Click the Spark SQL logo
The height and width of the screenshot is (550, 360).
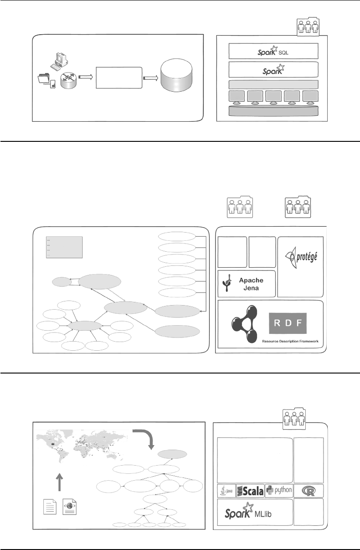(x=273, y=51)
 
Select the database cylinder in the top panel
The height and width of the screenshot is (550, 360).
(x=176, y=75)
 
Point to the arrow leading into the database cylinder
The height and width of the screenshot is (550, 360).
(x=150, y=78)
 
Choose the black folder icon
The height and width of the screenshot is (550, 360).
(x=44, y=78)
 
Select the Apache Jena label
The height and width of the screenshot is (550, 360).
(x=251, y=284)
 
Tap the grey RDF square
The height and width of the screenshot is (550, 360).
(x=288, y=323)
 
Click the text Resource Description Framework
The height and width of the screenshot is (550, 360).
(x=290, y=341)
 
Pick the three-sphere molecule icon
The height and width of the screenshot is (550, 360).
(x=244, y=324)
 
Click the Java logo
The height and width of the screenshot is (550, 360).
(x=226, y=491)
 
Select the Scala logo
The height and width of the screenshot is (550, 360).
(x=250, y=491)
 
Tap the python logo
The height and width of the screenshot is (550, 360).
(x=279, y=490)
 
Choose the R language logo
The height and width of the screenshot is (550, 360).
(x=309, y=491)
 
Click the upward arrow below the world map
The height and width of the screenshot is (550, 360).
(x=59, y=482)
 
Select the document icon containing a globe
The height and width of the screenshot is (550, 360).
(x=69, y=507)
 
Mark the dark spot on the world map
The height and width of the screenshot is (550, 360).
(x=52, y=444)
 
